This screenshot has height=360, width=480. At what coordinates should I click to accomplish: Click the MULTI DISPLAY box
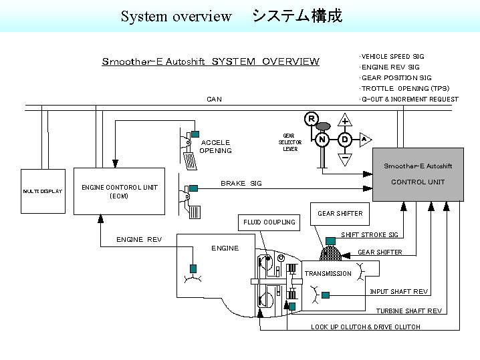(43, 191)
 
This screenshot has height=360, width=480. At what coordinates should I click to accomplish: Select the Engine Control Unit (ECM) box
(119, 191)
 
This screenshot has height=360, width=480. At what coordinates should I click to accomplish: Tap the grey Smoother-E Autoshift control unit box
(418, 174)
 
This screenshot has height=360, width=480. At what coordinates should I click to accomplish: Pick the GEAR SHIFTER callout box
(340, 214)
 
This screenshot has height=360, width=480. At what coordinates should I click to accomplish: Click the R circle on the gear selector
(311, 119)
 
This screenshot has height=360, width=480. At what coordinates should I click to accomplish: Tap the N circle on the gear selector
(322, 140)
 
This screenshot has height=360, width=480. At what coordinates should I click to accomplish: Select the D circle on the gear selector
(345, 140)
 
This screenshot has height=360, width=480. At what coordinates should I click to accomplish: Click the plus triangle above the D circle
(345, 121)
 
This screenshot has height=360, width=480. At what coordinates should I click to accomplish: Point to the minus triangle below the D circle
(345, 159)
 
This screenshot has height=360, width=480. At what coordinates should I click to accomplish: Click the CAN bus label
(214, 99)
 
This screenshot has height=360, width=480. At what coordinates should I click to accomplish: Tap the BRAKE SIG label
(241, 183)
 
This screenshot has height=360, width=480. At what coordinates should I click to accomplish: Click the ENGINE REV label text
(139, 239)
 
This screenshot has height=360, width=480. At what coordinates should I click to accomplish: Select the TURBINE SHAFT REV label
(408, 311)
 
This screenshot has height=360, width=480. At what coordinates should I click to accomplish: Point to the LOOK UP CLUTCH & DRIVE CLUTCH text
(365, 327)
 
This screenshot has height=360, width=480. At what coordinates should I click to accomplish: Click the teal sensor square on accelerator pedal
(195, 134)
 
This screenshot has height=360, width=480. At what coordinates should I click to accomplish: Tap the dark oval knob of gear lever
(323, 126)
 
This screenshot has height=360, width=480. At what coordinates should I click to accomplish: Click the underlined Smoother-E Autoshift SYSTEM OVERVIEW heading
(211, 62)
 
